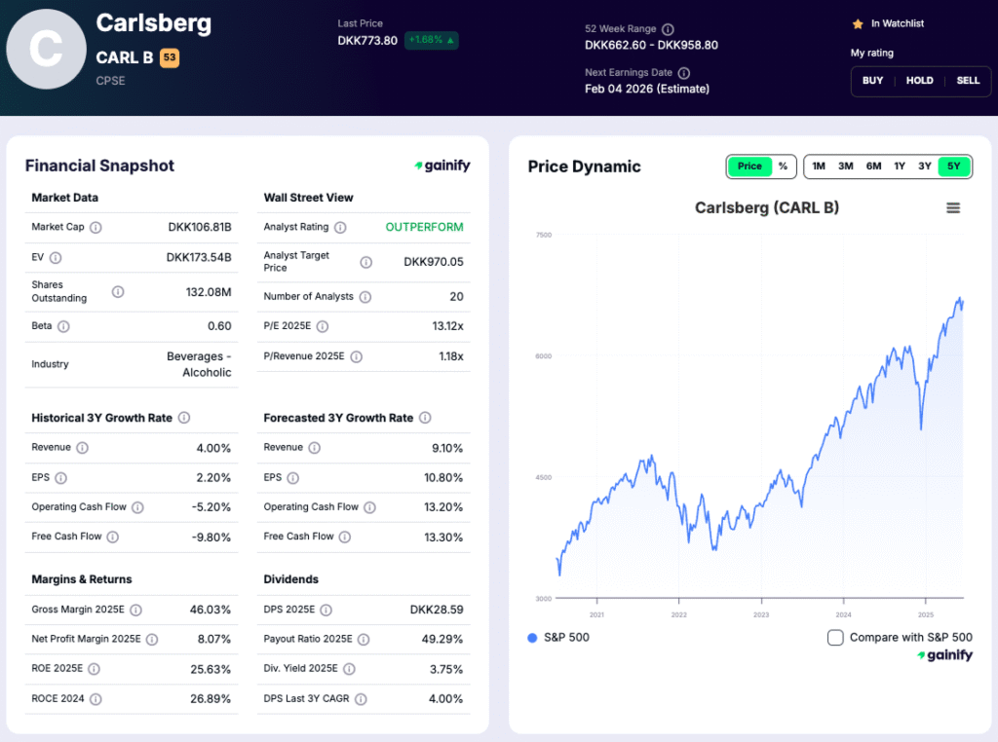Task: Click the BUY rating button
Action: tap(872, 81)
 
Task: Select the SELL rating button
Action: tap(968, 81)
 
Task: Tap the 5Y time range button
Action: tap(953, 167)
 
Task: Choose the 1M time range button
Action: tap(819, 167)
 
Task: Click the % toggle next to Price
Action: tap(783, 167)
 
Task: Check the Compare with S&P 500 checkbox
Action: tap(835, 638)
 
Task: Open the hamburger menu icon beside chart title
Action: tap(953, 207)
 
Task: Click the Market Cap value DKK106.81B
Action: tap(200, 227)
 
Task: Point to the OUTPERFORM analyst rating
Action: tap(424, 227)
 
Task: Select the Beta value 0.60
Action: tap(219, 326)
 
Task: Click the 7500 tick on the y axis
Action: tap(544, 235)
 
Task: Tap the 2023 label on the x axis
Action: tap(761, 614)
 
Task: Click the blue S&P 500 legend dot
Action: tap(532, 638)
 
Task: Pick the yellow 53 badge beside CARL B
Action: tap(170, 58)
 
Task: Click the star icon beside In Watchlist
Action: tap(858, 23)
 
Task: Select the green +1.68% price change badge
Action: tap(432, 40)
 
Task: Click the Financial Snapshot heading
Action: tap(99, 166)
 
